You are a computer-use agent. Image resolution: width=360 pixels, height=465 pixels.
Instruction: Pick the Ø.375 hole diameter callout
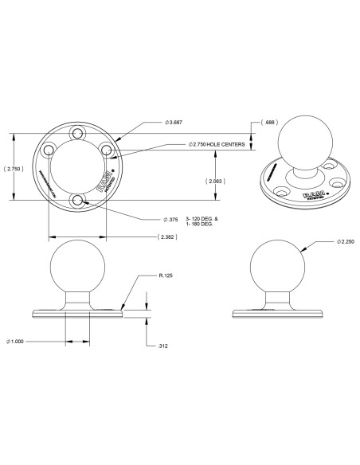[170, 219]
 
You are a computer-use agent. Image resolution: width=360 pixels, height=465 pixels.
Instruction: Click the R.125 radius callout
[166, 275]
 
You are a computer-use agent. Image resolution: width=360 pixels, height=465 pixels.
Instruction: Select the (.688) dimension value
[272, 123]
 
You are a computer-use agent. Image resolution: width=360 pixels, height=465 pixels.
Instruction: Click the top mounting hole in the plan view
[78, 133]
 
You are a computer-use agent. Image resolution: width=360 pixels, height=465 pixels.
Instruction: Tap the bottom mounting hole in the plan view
[78, 201]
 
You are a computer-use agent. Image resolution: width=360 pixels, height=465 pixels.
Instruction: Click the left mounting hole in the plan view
[49, 150]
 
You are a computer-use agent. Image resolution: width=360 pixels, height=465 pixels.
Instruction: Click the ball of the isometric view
[299, 144]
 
